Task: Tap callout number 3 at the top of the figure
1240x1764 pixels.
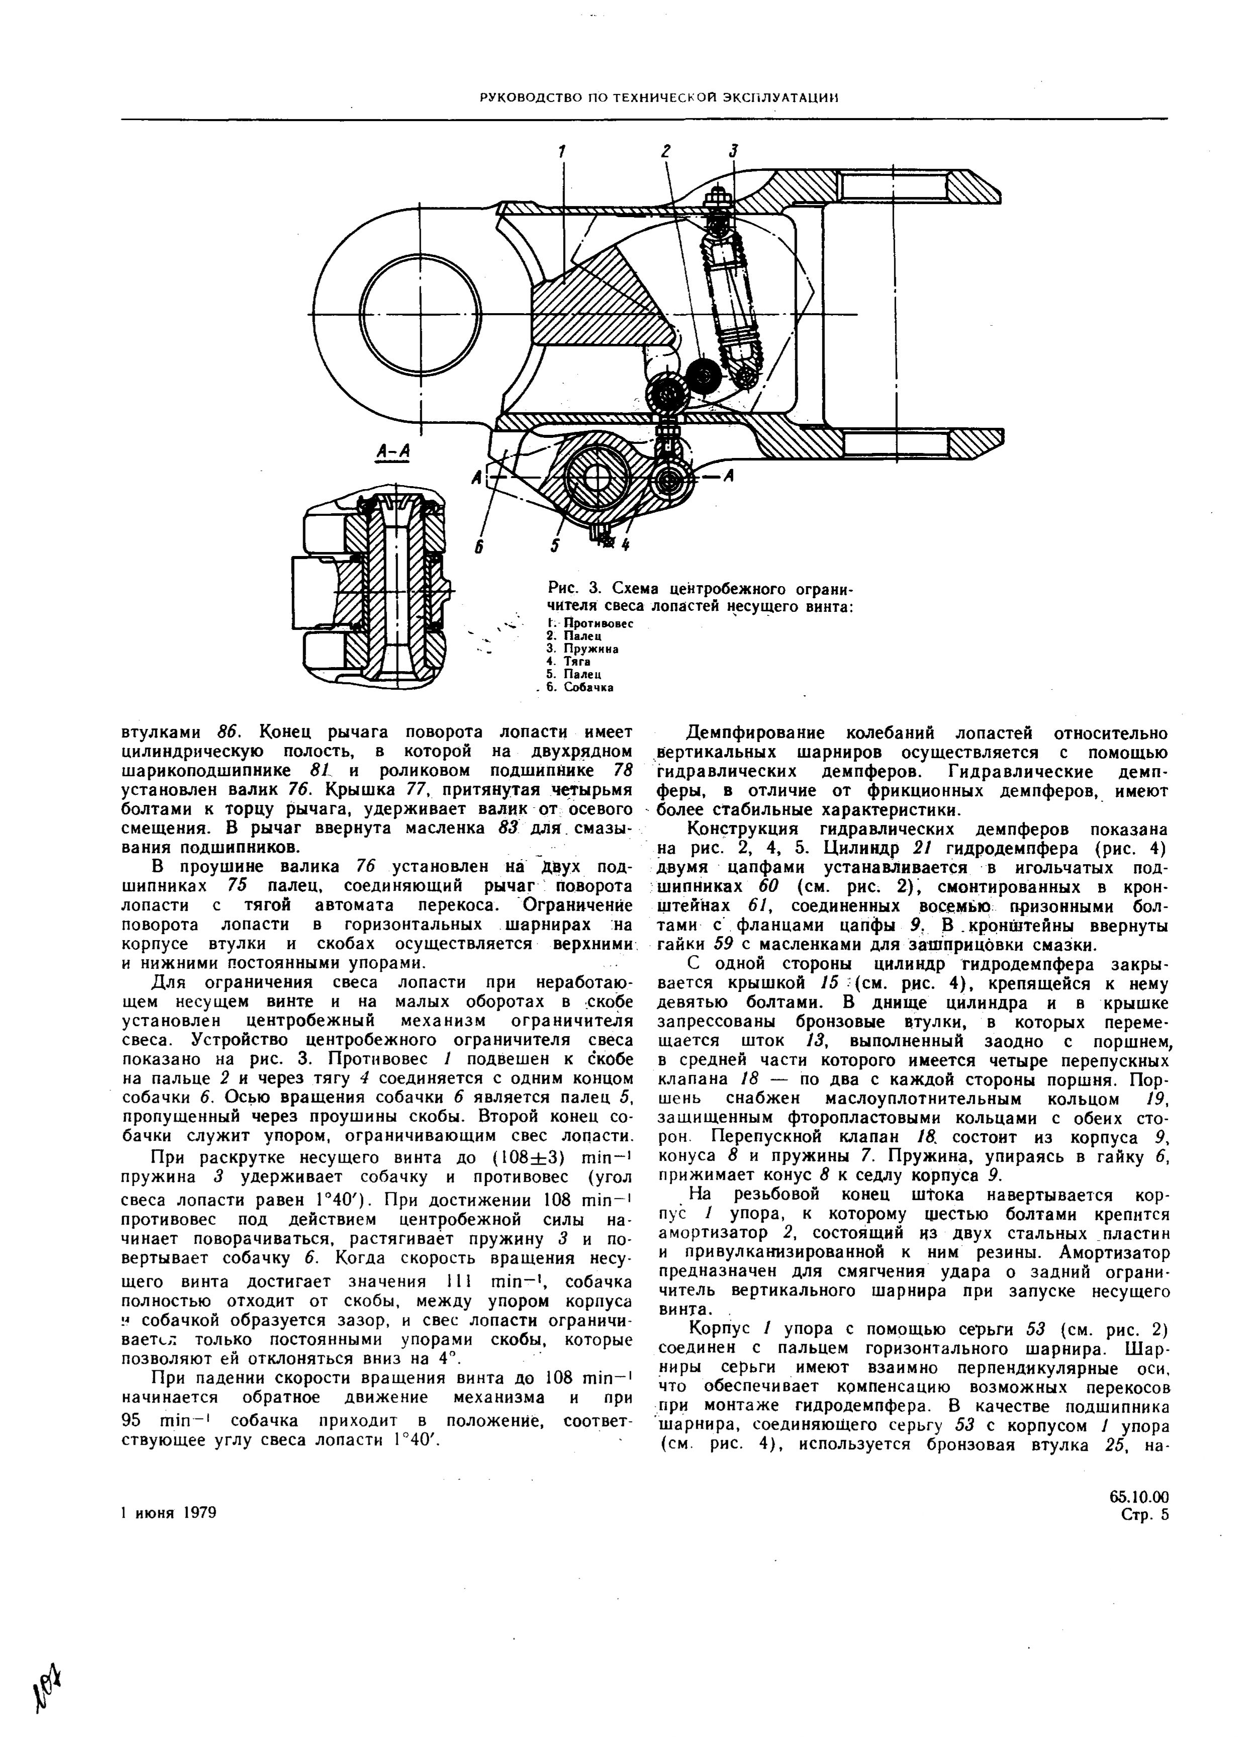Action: click(x=734, y=151)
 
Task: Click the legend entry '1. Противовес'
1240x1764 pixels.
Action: click(x=589, y=624)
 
